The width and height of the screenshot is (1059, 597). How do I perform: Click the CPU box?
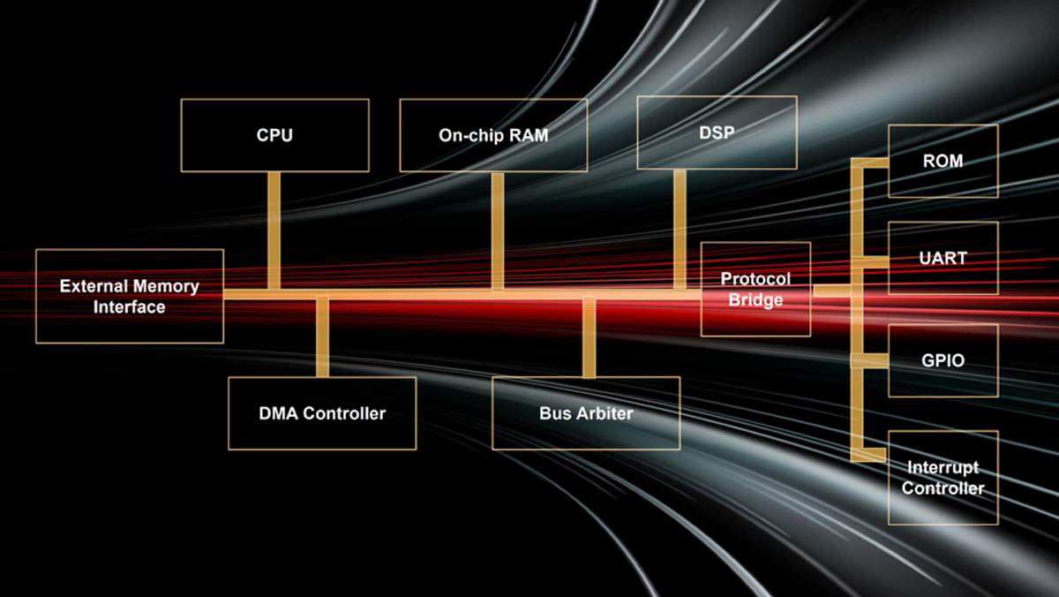274,135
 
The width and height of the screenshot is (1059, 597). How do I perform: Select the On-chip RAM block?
493,135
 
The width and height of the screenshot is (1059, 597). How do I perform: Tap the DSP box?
717,132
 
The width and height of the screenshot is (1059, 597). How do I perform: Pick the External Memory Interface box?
130,297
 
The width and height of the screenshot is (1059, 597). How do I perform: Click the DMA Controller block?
322,413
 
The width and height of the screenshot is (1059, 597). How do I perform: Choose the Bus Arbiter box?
586,413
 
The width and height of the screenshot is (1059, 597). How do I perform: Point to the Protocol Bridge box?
755,289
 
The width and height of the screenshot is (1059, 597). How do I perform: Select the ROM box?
943,161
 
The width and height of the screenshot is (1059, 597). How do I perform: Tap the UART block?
943,258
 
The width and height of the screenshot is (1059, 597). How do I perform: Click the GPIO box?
943,360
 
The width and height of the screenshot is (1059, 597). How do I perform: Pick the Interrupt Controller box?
943,478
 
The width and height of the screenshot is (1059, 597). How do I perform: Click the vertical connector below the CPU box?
274,230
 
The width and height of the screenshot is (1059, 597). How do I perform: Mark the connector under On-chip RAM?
498,230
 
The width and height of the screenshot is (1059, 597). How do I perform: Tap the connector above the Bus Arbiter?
589,338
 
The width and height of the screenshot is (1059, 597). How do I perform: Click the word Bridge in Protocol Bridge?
756,300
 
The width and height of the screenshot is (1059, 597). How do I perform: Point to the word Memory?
166,286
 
